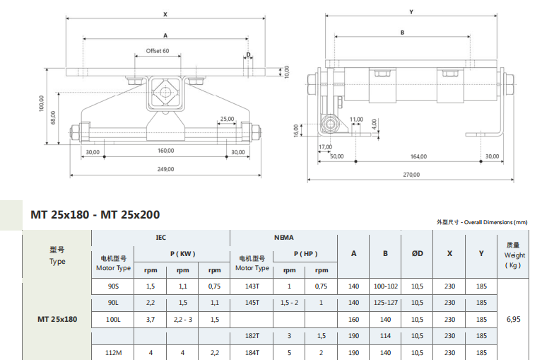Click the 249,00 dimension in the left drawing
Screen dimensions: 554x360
pos(165,169)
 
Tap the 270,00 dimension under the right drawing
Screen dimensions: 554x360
pos(411,175)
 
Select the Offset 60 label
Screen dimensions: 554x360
pos(158,51)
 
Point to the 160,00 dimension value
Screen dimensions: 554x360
pos(165,151)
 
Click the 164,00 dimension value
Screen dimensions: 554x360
pos(418,156)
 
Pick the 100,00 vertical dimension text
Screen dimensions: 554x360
pos(41,103)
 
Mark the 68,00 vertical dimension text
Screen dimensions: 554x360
pos(53,117)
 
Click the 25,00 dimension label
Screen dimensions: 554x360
pos(228,119)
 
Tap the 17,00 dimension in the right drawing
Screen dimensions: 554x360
pos(325,147)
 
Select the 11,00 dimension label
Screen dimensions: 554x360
pos(356,120)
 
